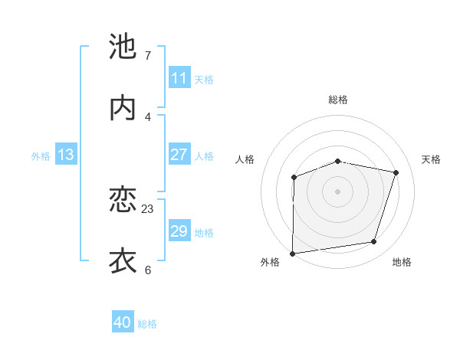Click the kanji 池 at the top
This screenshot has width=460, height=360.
coord(123,47)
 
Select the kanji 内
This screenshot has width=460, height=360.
coord(123,108)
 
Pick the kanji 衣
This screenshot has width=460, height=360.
coord(123,260)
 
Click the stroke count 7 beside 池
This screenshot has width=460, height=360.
coord(148,56)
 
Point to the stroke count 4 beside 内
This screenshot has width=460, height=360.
coord(148,116)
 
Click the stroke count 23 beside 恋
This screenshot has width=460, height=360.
coord(148,208)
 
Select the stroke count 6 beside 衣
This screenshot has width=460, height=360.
coord(148,270)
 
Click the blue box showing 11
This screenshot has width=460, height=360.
coord(179,77)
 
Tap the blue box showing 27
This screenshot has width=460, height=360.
coord(179,154)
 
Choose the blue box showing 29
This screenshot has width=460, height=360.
coord(179,231)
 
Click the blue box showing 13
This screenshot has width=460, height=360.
coord(65,154)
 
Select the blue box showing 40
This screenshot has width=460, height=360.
coord(123,322)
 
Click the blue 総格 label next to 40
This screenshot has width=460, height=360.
coord(147,324)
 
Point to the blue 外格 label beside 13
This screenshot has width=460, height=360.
coord(41,155)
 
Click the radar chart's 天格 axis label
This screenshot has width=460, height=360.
coord(431,159)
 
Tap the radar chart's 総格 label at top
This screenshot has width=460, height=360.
coord(338,100)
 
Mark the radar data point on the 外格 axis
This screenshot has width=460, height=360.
coord(293,254)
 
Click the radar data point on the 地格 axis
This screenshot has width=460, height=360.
coord(374,242)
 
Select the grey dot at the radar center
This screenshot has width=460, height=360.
coord(338,191)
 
